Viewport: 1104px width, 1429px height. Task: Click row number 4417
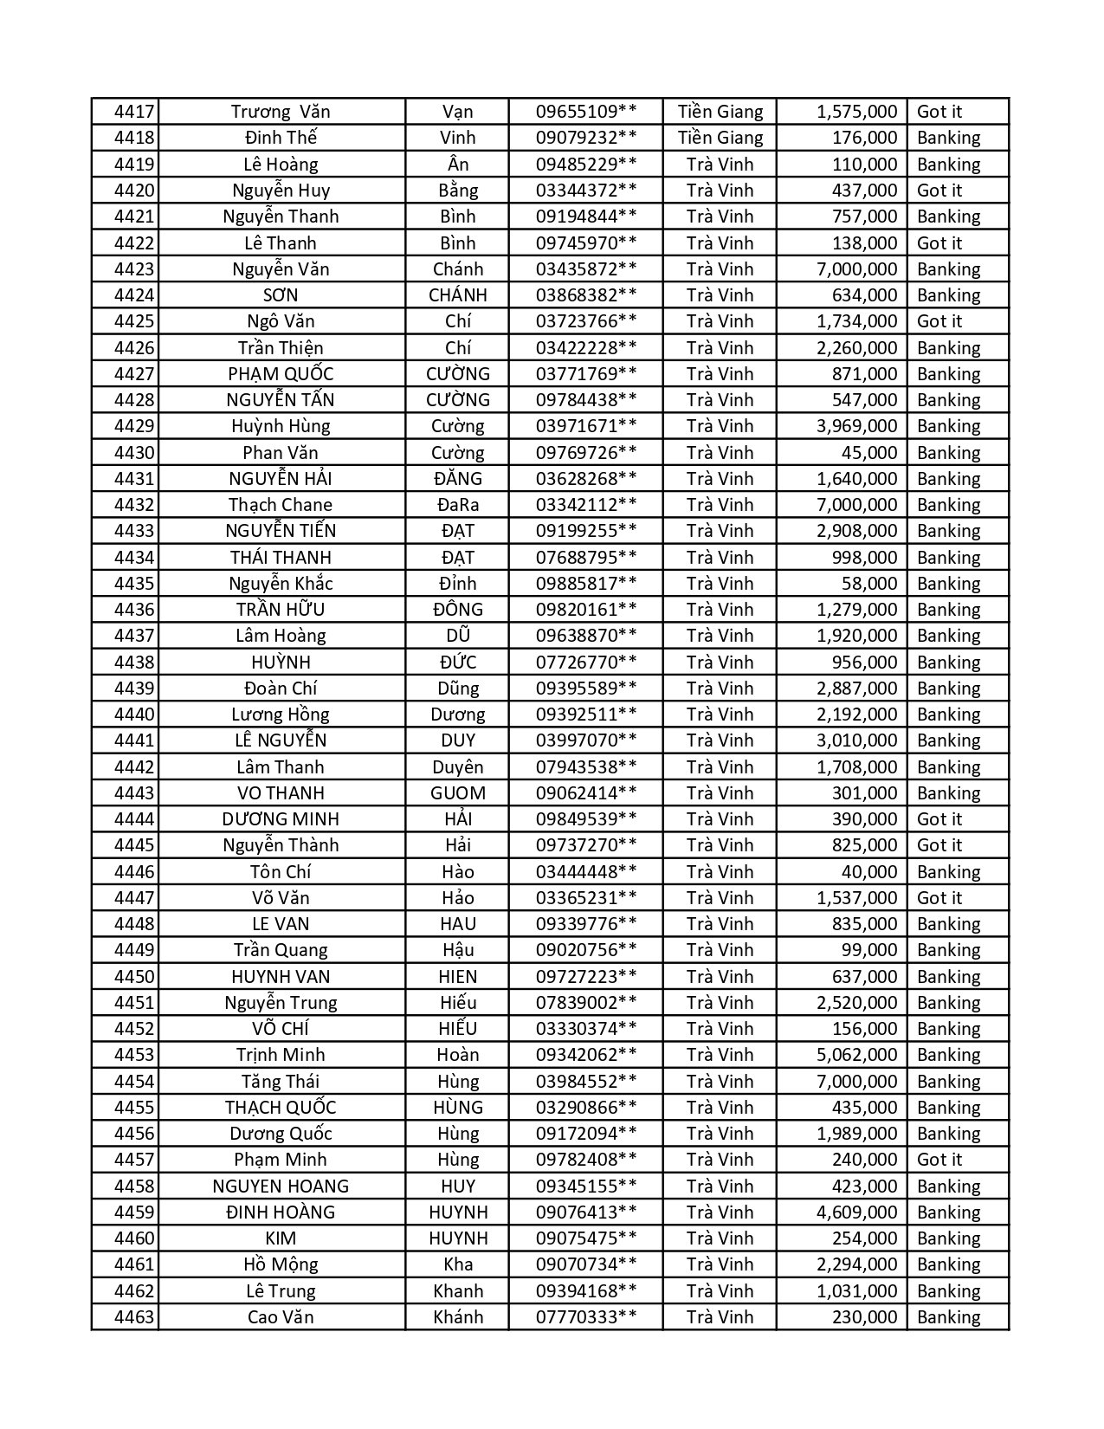[x=133, y=112]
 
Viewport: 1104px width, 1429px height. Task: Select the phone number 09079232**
[x=586, y=138]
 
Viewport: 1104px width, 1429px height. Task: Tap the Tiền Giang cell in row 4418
[x=720, y=138]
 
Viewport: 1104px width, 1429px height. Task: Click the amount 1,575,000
[x=856, y=112]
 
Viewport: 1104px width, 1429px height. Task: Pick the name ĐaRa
[x=457, y=505]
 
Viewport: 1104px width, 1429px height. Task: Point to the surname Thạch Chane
[x=281, y=505]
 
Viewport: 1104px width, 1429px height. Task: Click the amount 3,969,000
[x=856, y=426]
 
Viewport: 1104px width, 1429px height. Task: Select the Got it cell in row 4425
[x=939, y=321]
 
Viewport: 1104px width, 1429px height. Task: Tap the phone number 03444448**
[x=586, y=872]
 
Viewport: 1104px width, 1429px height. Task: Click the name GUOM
[x=457, y=793]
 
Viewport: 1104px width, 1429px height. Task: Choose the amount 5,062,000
[x=856, y=1055]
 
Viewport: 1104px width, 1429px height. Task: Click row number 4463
[x=133, y=1317]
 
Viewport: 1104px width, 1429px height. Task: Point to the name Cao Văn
[x=281, y=1317]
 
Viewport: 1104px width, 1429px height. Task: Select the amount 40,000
[x=869, y=872]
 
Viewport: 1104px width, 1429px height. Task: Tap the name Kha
[x=457, y=1264]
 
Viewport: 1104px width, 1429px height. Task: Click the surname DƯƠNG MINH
[x=281, y=819]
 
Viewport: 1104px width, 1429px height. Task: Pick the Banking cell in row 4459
[x=949, y=1212]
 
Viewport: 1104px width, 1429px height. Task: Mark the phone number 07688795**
[x=586, y=558]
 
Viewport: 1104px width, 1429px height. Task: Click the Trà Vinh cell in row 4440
[x=720, y=714]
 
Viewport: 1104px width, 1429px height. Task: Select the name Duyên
[x=457, y=767]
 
